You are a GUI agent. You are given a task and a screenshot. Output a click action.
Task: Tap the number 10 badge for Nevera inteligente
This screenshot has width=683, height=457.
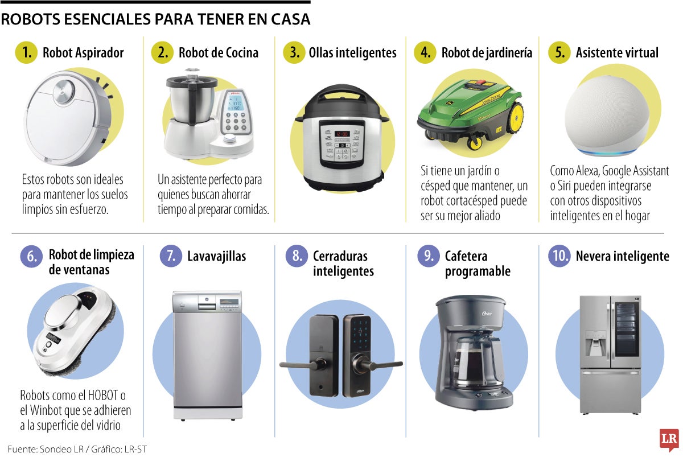(559, 256)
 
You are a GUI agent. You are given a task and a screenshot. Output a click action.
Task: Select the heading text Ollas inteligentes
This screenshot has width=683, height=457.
(352, 53)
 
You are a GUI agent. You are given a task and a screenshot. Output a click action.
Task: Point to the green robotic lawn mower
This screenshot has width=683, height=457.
(470, 113)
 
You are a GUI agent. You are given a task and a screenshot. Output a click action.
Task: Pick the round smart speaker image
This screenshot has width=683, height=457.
(606, 118)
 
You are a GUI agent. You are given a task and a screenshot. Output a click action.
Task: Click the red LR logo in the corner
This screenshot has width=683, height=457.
(669, 440)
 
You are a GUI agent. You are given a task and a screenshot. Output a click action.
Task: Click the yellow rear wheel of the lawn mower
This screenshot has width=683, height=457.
(516, 118)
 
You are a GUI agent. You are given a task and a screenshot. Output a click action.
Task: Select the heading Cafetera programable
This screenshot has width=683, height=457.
(478, 264)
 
